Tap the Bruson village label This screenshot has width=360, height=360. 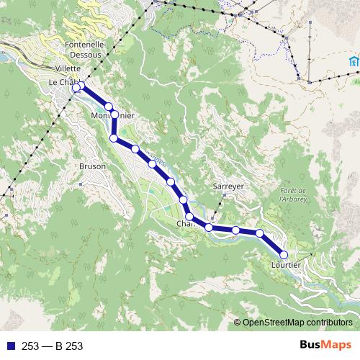[x=92, y=166]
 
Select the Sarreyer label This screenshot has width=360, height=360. [x=230, y=186]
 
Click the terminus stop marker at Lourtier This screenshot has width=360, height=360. [x=284, y=254]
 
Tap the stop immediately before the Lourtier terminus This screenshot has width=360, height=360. [x=260, y=233]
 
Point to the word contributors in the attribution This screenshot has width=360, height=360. [x=331, y=322]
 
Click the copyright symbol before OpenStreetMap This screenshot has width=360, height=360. [x=238, y=322]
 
